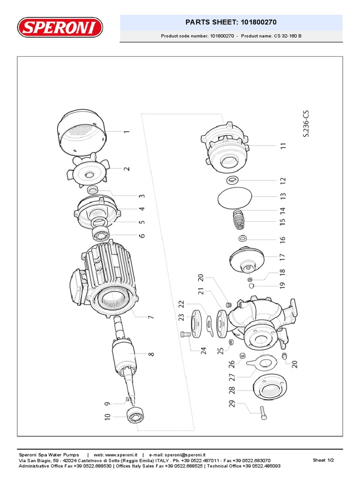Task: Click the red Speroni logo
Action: pyautogui.click(x=60, y=27)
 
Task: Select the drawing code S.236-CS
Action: pyautogui.click(x=306, y=124)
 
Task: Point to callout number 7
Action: pyautogui.click(x=150, y=317)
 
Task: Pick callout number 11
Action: pyautogui.click(x=283, y=146)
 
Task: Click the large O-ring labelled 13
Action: pyautogui.click(x=238, y=198)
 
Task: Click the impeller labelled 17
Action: pyautogui.click(x=247, y=258)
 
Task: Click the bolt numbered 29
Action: pyautogui.click(x=263, y=412)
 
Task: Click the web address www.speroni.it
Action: pyautogui.click(x=121, y=455)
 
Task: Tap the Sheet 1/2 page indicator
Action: pyautogui.click(x=323, y=460)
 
